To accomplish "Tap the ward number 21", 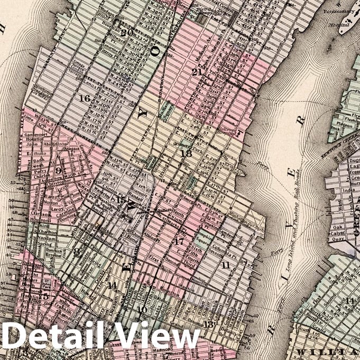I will click(x=197, y=72).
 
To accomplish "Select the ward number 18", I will click(x=186, y=153).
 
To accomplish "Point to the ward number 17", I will click(x=179, y=242).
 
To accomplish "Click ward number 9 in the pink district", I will click(x=58, y=171).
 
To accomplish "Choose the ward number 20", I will click(x=126, y=32).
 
